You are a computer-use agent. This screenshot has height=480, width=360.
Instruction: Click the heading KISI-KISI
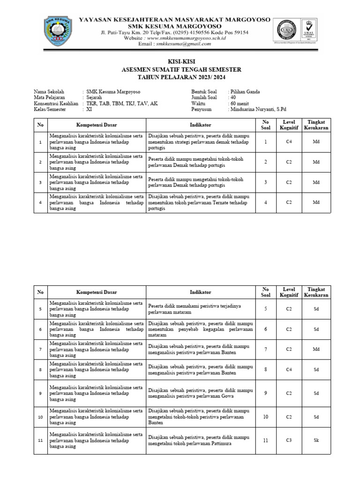pyautogui.click(x=181, y=62)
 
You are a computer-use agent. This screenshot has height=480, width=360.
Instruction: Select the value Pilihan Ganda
pyautogui.click(x=244, y=92)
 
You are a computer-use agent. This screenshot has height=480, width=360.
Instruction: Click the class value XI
pyautogui.click(x=89, y=109)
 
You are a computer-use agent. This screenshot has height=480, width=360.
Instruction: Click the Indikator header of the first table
pyautogui.click(x=200, y=125)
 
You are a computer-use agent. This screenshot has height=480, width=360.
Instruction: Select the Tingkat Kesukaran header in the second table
pyautogui.click(x=316, y=292)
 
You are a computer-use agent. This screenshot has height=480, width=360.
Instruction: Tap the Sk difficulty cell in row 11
pyautogui.click(x=316, y=440)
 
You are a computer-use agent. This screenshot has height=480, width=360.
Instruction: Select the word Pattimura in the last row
pyautogui.click(x=232, y=443)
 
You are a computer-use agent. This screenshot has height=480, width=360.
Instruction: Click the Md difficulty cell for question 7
pyautogui.click(x=316, y=349)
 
